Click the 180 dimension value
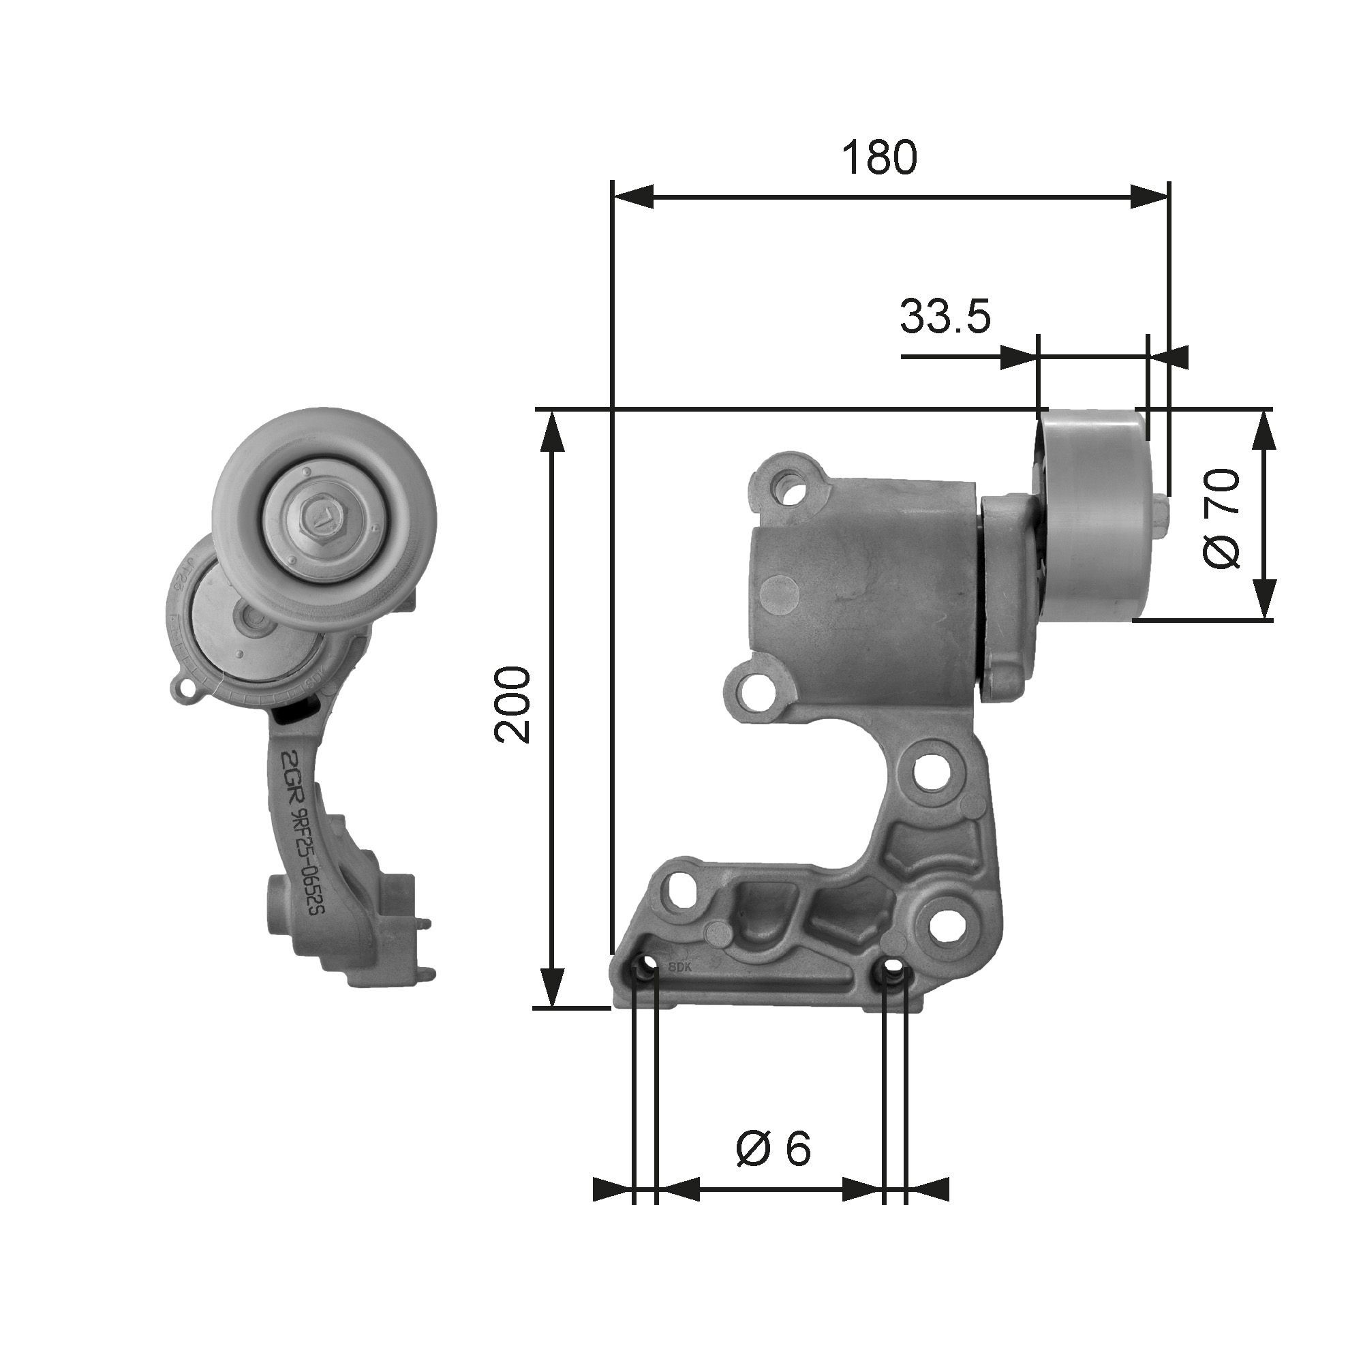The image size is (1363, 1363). (879, 158)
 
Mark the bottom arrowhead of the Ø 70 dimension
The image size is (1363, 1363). (1265, 599)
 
